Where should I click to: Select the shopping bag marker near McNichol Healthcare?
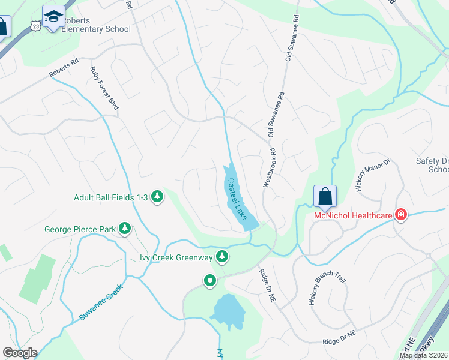pos(325,196)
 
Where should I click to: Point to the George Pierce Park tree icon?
pos(125,229)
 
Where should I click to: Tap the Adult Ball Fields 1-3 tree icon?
pos(157,196)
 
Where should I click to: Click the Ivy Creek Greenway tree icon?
pos(223,257)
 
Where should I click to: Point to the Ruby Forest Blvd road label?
pos(105,88)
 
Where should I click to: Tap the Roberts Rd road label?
pos(64,70)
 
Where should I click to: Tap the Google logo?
pos(20,353)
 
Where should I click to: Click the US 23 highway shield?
pos(36,26)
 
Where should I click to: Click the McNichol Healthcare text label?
pos(351,215)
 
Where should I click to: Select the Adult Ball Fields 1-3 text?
pos(111,197)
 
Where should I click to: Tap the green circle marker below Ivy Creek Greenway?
pos(209,280)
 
